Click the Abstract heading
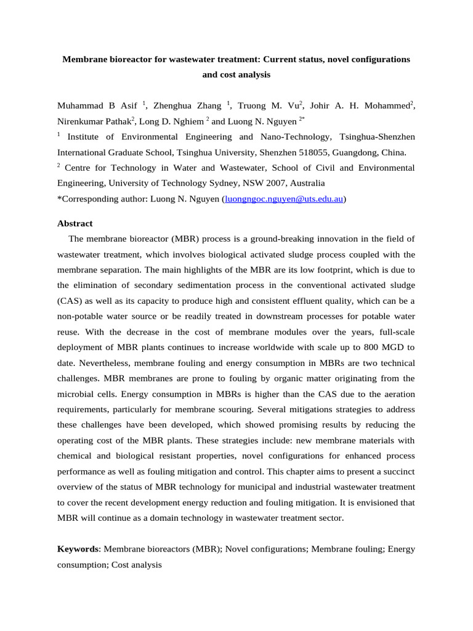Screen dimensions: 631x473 click(75, 223)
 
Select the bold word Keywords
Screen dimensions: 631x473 click(78, 548)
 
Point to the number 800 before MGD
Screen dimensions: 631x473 click(373, 347)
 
